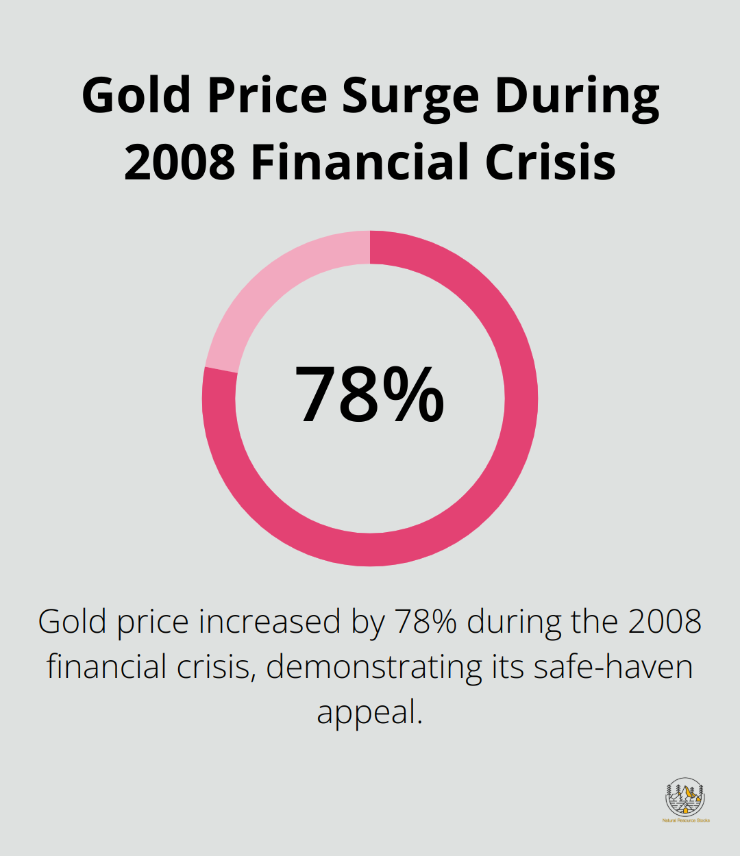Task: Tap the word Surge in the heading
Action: click(x=410, y=96)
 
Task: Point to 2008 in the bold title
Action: click(x=180, y=162)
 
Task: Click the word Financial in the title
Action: click(x=360, y=162)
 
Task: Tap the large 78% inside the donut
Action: click(x=369, y=396)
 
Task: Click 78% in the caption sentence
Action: click(x=425, y=622)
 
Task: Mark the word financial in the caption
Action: click(x=101, y=667)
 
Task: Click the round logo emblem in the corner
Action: click(x=685, y=796)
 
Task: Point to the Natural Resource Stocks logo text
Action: click(x=685, y=820)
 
